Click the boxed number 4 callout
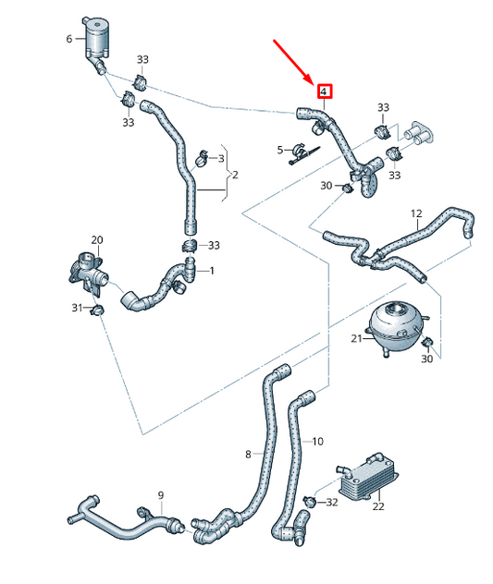(324, 91)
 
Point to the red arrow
(294, 61)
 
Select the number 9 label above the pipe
(160, 496)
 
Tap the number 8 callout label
(248, 454)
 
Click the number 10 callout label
(317, 441)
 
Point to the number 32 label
(332, 503)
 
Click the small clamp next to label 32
(311, 501)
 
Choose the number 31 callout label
(78, 308)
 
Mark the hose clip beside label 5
(300, 151)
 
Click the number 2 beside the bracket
(235, 175)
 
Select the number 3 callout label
(221, 158)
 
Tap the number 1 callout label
(212, 271)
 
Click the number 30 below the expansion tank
(427, 359)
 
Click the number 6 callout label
(69, 39)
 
